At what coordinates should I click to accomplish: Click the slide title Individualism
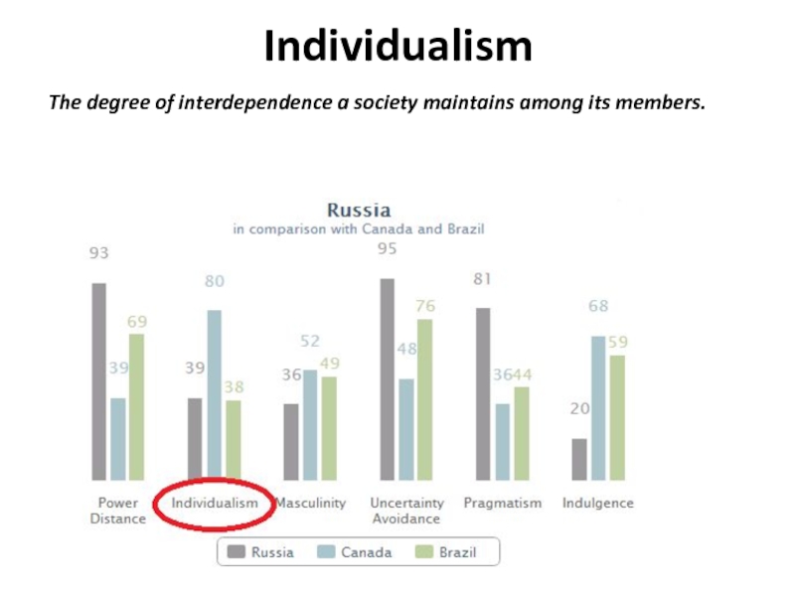[397, 46]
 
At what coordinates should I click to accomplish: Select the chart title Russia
[359, 211]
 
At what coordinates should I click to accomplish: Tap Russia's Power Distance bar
[98, 381]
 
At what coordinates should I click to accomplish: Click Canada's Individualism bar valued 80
[214, 394]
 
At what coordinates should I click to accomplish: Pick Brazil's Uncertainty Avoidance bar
[425, 399]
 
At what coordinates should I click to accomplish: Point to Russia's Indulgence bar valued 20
[579, 459]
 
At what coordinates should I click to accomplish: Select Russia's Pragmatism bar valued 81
[483, 393]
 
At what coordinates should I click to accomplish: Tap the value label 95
[387, 248]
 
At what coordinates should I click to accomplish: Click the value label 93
[98, 253]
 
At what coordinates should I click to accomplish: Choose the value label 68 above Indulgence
[598, 306]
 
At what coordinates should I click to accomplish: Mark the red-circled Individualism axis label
[215, 504]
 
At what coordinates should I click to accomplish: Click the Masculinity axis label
[311, 504]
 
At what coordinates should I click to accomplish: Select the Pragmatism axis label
[503, 504]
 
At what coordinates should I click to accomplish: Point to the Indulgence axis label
[597, 504]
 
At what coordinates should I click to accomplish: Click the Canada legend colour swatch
[325, 552]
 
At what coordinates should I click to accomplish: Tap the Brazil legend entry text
[457, 552]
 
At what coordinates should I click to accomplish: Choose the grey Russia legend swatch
[236, 552]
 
